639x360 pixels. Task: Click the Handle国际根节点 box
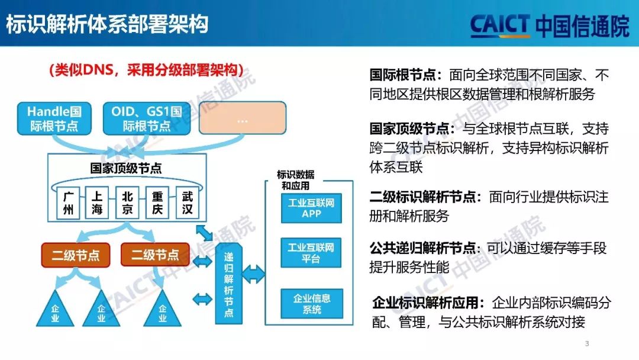(x=54, y=118)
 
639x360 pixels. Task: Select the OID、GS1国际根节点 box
(x=146, y=118)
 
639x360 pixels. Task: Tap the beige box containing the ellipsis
(x=242, y=118)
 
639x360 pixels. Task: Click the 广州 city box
(x=69, y=203)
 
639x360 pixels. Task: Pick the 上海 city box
(x=96, y=203)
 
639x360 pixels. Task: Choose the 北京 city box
(x=127, y=203)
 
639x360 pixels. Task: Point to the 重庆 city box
(x=157, y=203)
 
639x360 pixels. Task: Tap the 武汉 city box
(x=188, y=203)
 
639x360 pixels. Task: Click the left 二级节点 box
(x=75, y=255)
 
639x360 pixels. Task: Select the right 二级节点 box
(x=155, y=255)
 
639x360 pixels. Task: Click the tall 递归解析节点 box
(x=228, y=283)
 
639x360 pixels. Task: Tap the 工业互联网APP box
(x=311, y=208)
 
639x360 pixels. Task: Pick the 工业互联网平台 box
(x=311, y=252)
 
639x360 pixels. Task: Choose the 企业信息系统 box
(x=311, y=303)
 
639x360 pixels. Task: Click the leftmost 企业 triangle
(x=55, y=311)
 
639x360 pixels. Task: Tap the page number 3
(x=587, y=344)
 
